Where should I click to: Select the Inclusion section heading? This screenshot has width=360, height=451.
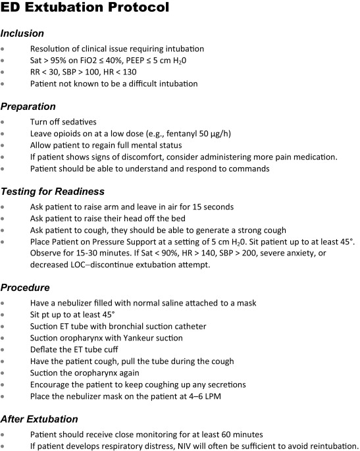click(x=22, y=33)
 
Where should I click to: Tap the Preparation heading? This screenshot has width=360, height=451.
click(x=28, y=107)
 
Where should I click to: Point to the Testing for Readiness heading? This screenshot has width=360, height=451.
click(x=52, y=192)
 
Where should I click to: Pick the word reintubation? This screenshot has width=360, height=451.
click(x=332, y=445)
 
